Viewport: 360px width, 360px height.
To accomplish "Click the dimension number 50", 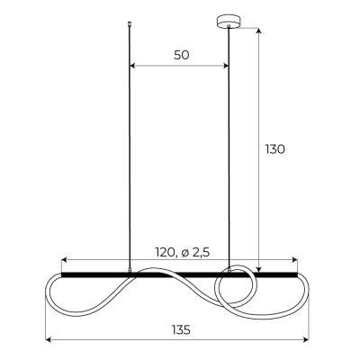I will [181, 55].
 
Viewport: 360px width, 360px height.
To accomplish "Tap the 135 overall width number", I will [181, 329].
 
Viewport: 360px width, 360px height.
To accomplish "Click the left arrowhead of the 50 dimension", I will [134, 66].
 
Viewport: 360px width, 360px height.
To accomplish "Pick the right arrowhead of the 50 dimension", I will [226, 66].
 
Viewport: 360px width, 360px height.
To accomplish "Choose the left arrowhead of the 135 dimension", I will [49, 340].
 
